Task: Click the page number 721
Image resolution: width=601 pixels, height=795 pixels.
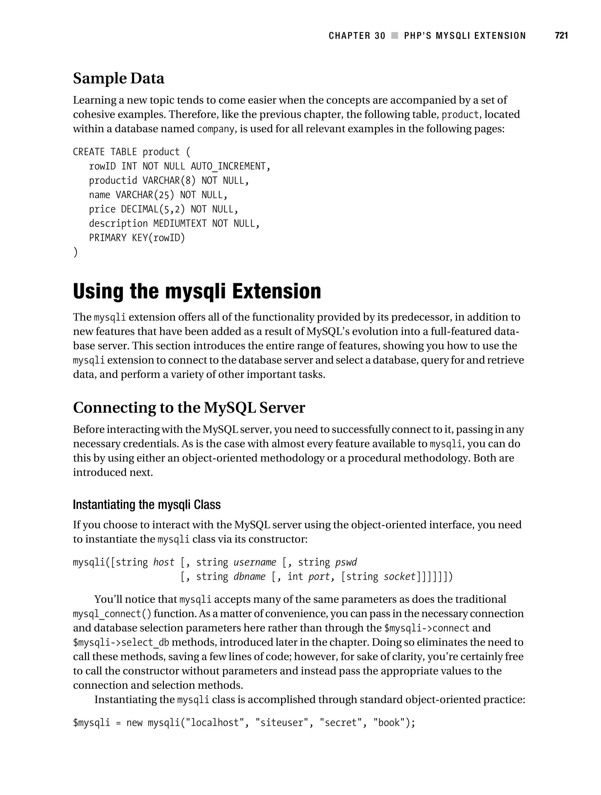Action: (x=561, y=36)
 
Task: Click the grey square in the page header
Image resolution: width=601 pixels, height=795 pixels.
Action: (x=395, y=36)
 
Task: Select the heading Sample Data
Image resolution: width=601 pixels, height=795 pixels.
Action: (x=119, y=78)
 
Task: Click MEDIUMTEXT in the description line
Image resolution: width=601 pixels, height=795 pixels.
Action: (x=180, y=224)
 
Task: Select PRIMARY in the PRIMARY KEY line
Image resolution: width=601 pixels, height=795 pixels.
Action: (x=108, y=238)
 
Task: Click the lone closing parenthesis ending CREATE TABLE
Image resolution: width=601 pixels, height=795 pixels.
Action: (x=75, y=252)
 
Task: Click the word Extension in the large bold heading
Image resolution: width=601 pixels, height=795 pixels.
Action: (x=276, y=291)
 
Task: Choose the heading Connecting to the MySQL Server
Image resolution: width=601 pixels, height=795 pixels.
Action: (x=189, y=407)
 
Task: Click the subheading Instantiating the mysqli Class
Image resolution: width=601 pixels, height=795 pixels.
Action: (x=146, y=505)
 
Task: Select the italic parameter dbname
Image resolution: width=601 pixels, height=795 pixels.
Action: (x=249, y=577)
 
